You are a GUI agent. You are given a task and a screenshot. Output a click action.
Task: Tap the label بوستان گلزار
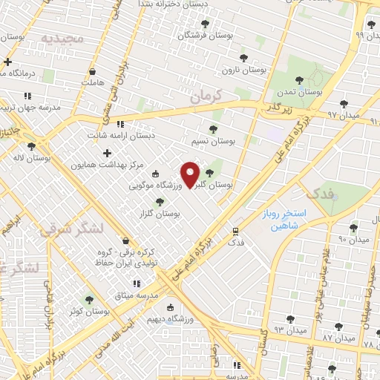pos(165,213)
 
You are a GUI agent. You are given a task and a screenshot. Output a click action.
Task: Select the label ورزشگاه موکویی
pos(158,186)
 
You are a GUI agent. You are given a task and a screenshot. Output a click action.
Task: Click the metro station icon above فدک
pos(235,231)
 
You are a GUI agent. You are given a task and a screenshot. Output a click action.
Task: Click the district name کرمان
pos(206,96)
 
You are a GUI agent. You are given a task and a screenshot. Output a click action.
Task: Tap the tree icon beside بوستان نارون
pos(243,58)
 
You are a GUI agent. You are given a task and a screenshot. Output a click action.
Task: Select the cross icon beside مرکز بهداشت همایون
pos(108,152)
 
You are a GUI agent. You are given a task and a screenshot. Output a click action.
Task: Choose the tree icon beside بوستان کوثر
pos(89,300)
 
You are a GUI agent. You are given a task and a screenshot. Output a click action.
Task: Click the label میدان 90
pos(353,239)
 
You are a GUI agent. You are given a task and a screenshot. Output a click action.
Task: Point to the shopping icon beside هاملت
pos(91,72)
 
